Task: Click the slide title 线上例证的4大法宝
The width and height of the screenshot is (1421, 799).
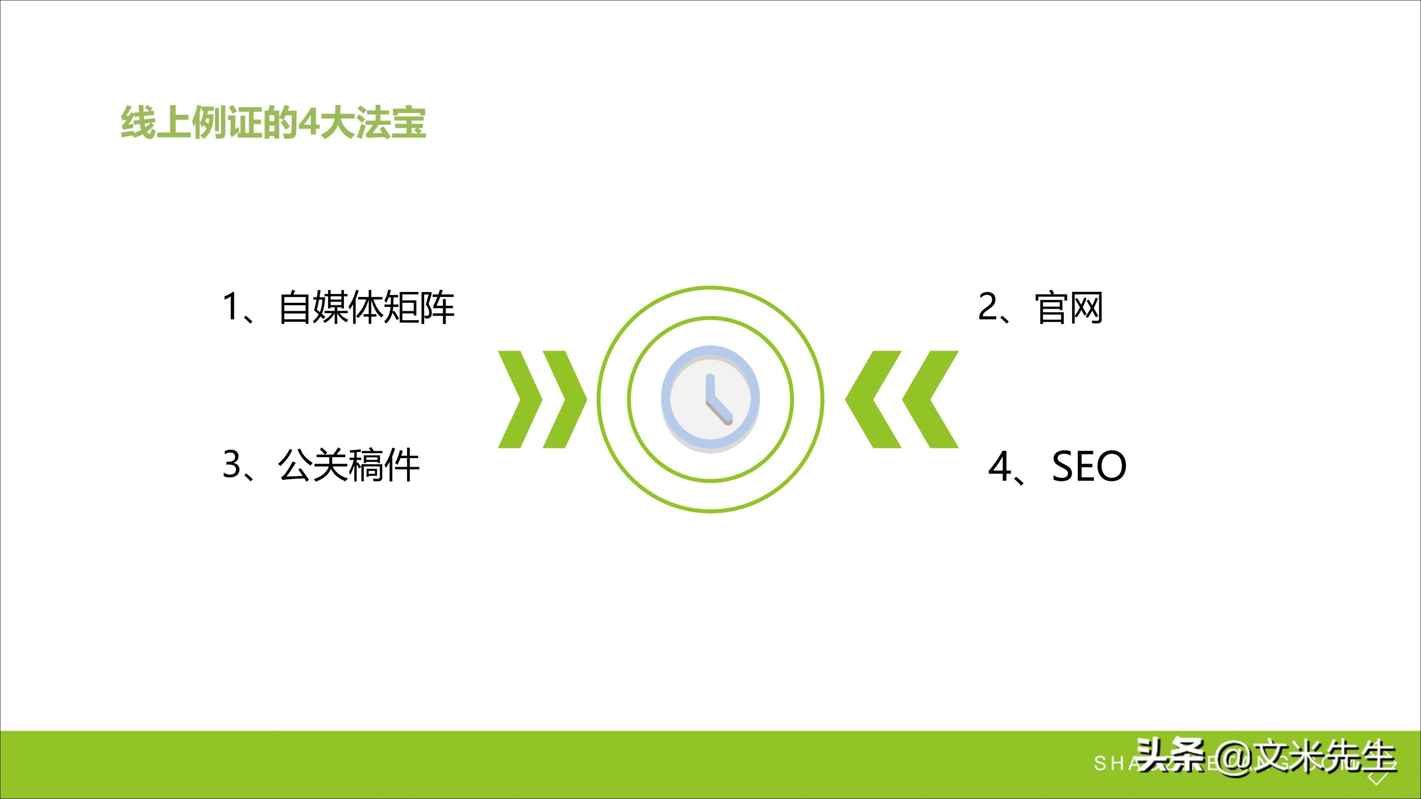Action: pyautogui.click(x=273, y=122)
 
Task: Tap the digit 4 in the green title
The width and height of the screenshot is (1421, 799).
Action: pyautogui.click(x=308, y=122)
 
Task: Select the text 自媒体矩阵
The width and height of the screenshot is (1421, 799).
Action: pyautogui.click(x=367, y=308)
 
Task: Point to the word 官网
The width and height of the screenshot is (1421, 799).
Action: pyautogui.click(x=1069, y=308)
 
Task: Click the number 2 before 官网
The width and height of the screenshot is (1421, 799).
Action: pyautogui.click(x=988, y=307)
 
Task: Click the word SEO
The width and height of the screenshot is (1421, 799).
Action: pyautogui.click(x=1089, y=467)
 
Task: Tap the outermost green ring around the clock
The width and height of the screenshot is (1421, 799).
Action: pyautogui.click(x=710, y=289)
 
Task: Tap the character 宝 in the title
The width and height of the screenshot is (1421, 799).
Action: pyautogui.click(x=408, y=122)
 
